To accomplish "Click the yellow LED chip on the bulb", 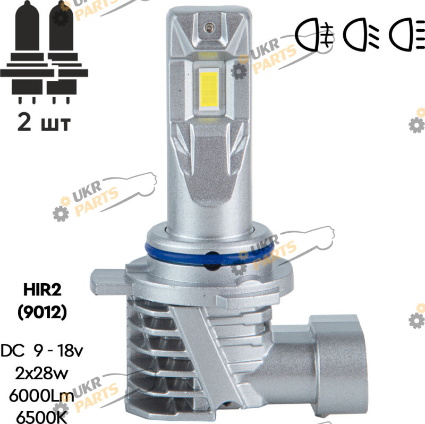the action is [209, 88].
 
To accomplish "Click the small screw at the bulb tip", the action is [209, 27].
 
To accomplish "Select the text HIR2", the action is [42, 290].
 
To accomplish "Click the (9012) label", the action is [42, 312].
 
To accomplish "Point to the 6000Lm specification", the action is [41, 396].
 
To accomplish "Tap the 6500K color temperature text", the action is [41, 417].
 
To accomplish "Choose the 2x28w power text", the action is [41, 374].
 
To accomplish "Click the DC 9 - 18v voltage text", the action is [42, 351].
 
